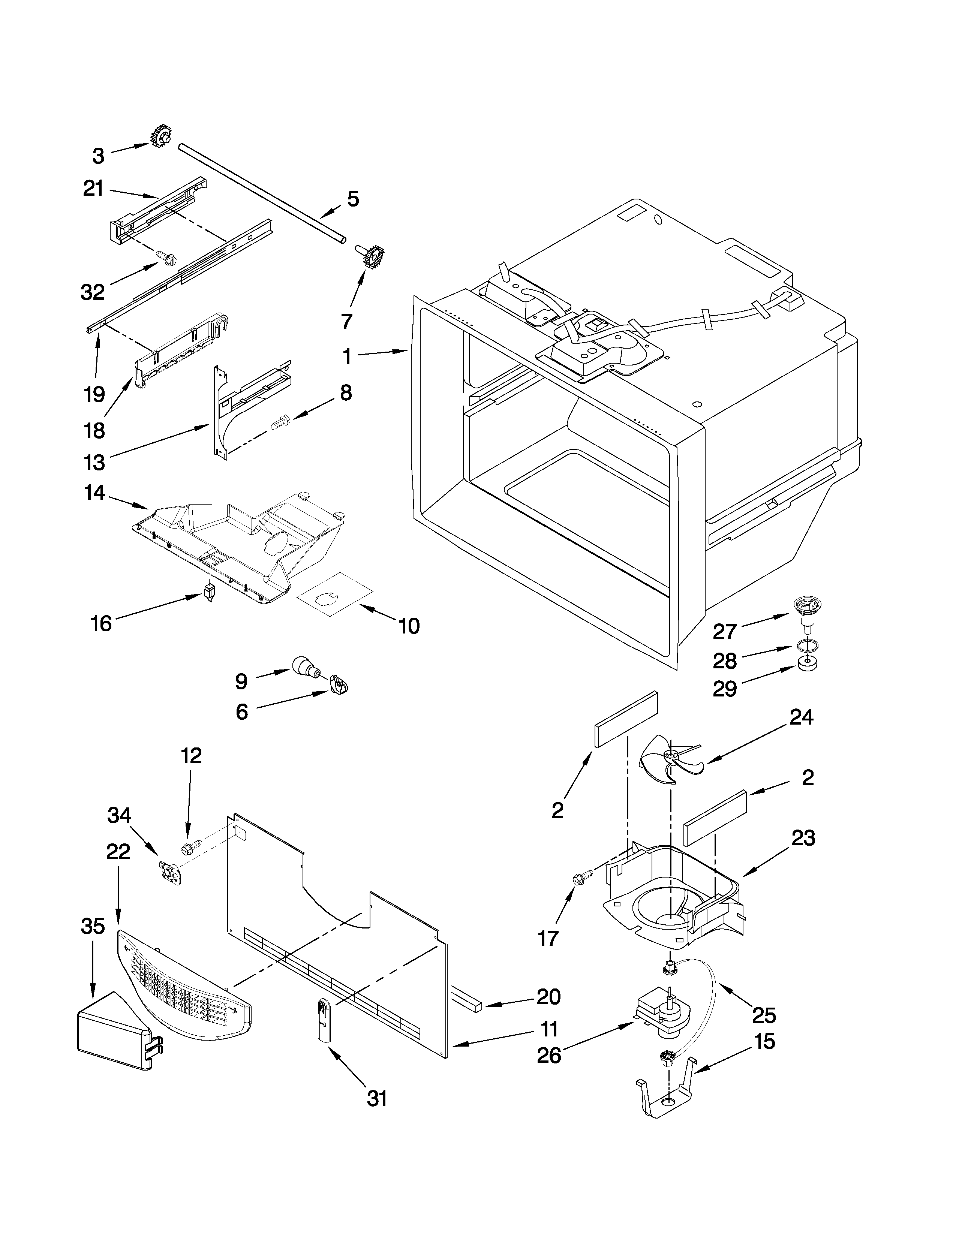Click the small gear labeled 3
(x=162, y=136)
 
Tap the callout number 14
(x=94, y=493)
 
